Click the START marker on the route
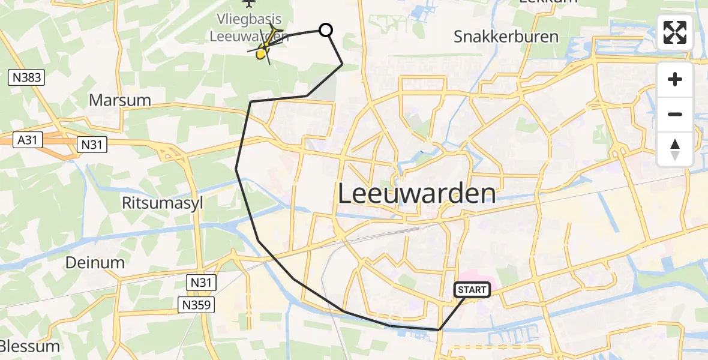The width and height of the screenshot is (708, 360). tap(472, 290)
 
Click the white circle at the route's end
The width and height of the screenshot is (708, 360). tap(325, 29)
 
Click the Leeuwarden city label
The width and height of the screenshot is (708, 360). tap(417, 194)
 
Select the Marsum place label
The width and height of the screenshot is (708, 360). tap(120, 100)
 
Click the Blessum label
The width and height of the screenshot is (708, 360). tap(30, 346)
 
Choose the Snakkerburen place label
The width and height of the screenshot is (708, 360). tap(506, 37)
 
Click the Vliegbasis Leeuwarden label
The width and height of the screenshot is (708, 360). tap(249, 28)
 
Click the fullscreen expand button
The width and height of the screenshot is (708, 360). tap(675, 32)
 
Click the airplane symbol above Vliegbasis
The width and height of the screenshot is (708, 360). tap(262, 4)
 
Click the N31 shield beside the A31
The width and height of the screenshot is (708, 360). tap(92, 144)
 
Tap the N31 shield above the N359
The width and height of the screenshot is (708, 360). tap(200, 282)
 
